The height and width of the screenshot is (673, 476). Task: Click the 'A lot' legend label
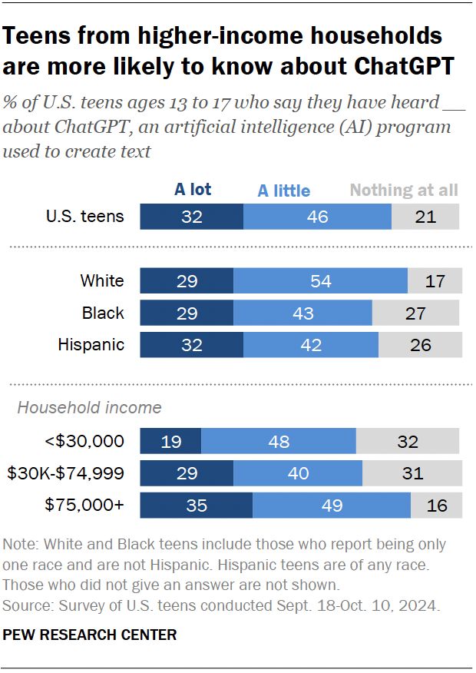(x=192, y=189)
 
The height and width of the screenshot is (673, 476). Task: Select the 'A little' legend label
(x=283, y=191)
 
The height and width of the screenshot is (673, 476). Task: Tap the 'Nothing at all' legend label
(x=404, y=190)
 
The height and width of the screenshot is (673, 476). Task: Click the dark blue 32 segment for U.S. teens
(x=191, y=217)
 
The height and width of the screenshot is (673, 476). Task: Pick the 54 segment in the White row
(x=320, y=281)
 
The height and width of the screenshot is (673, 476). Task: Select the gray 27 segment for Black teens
(x=415, y=313)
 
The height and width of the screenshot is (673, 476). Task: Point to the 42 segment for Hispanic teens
(x=311, y=345)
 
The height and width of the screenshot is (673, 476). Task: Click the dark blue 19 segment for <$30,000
(x=170, y=442)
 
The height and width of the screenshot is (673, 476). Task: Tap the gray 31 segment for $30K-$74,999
(x=412, y=473)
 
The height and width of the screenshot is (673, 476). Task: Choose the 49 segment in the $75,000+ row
(x=332, y=506)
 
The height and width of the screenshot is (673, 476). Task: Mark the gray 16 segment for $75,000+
(x=436, y=506)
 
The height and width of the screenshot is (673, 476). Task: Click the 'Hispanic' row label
(x=91, y=344)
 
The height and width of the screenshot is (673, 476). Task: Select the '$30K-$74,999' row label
(x=65, y=473)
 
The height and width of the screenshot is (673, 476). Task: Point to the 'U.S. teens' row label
(x=84, y=216)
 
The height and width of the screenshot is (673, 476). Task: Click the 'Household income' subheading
(x=90, y=408)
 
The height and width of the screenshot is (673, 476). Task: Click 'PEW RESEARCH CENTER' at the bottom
(x=90, y=635)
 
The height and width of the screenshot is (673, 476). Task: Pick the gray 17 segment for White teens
(x=435, y=281)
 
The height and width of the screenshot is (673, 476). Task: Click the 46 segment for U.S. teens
(x=317, y=217)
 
